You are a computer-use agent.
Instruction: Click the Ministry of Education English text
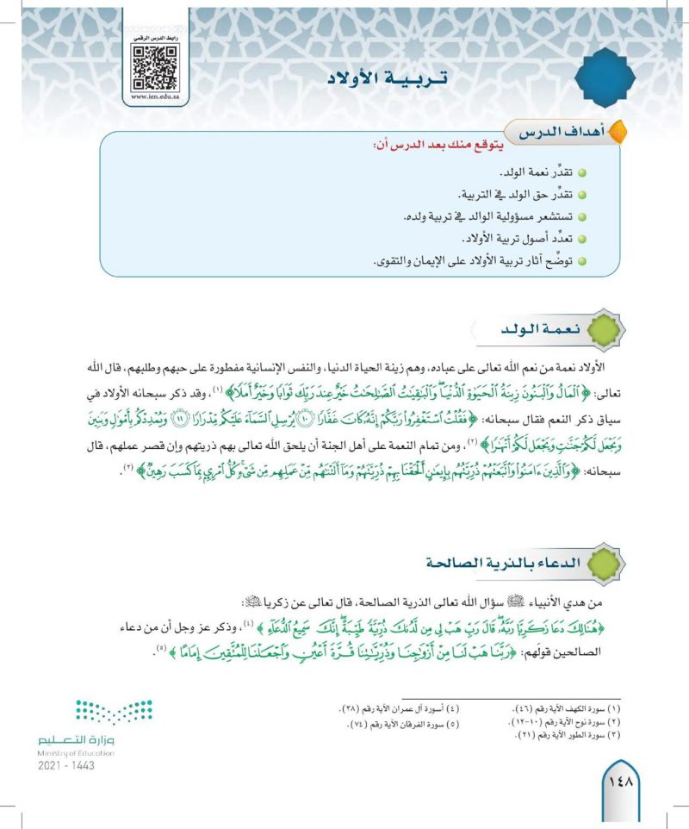[x=77, y=752]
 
